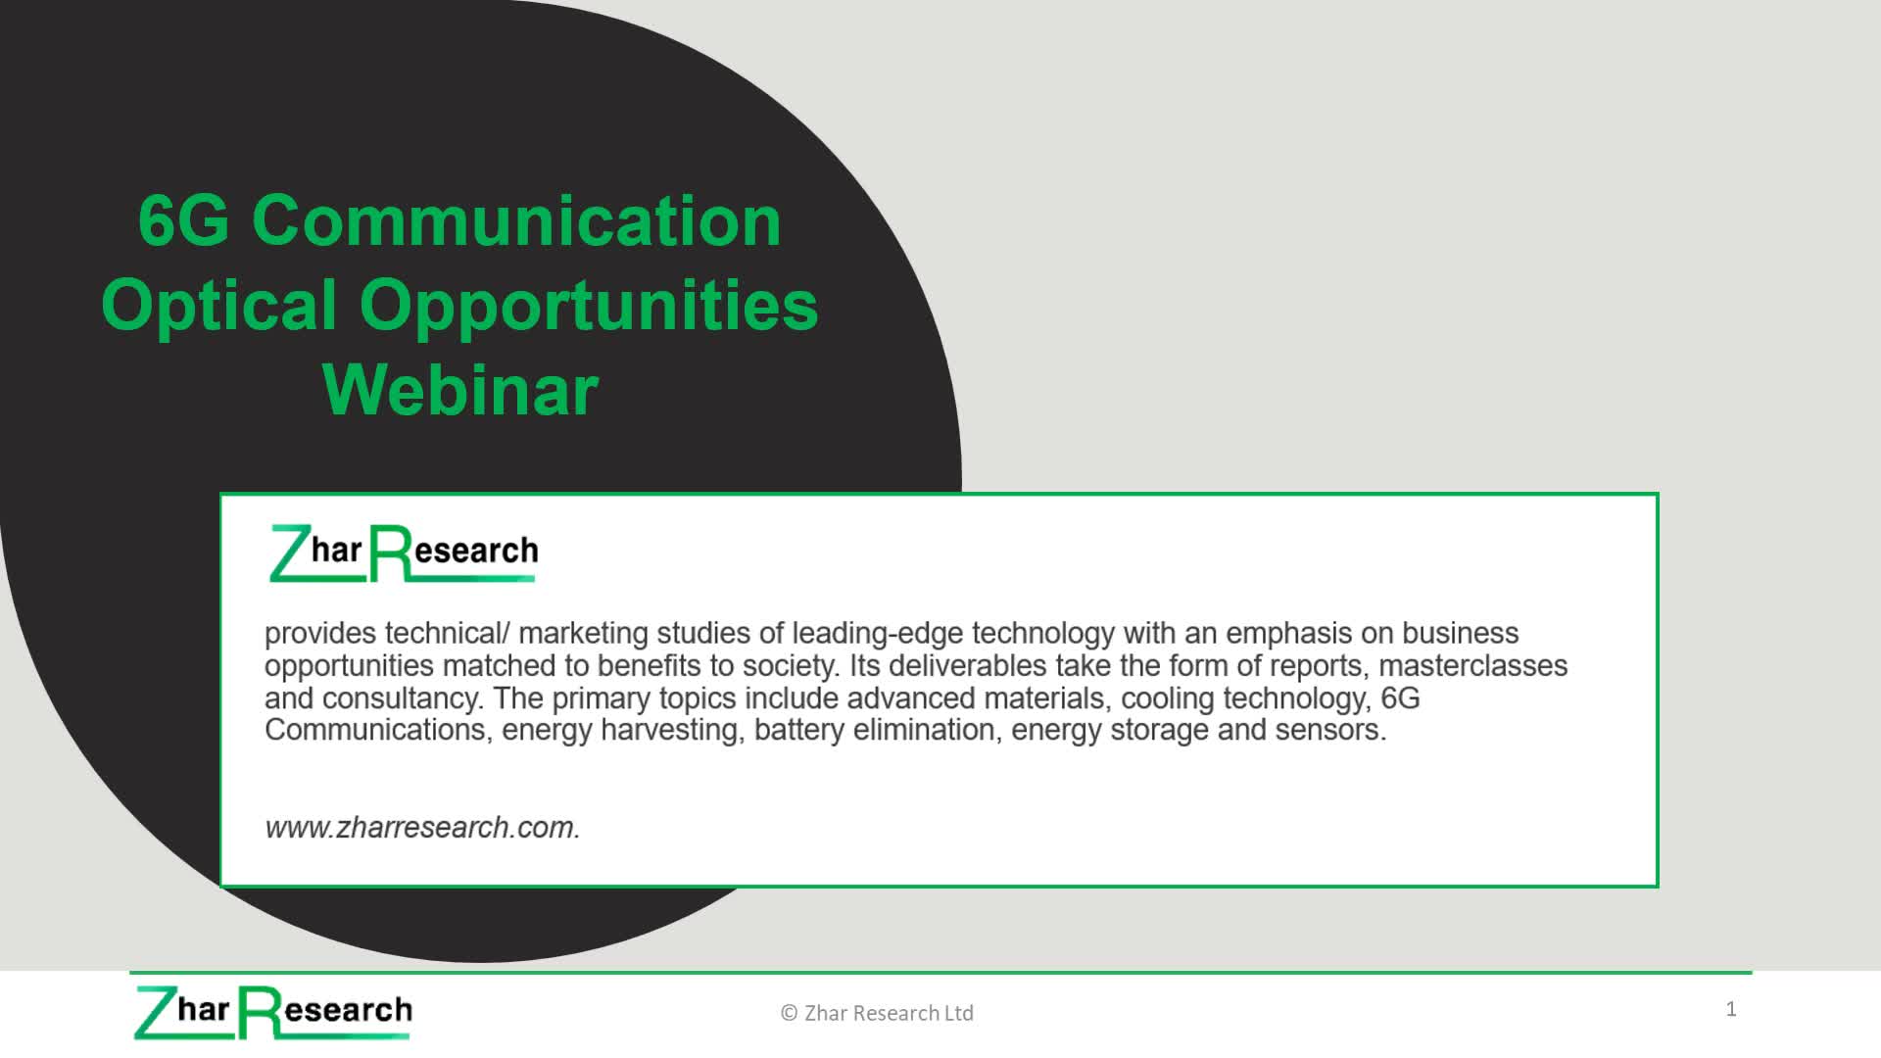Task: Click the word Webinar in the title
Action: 460,390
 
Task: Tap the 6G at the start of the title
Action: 184,220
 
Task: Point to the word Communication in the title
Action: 517,220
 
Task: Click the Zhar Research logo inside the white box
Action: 404,553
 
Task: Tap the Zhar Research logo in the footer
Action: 273,1012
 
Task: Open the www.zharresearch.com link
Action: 422,828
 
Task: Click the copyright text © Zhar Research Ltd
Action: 877,1013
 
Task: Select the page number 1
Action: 1731,1009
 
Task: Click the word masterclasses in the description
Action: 1473,666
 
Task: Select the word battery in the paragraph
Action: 799,731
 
